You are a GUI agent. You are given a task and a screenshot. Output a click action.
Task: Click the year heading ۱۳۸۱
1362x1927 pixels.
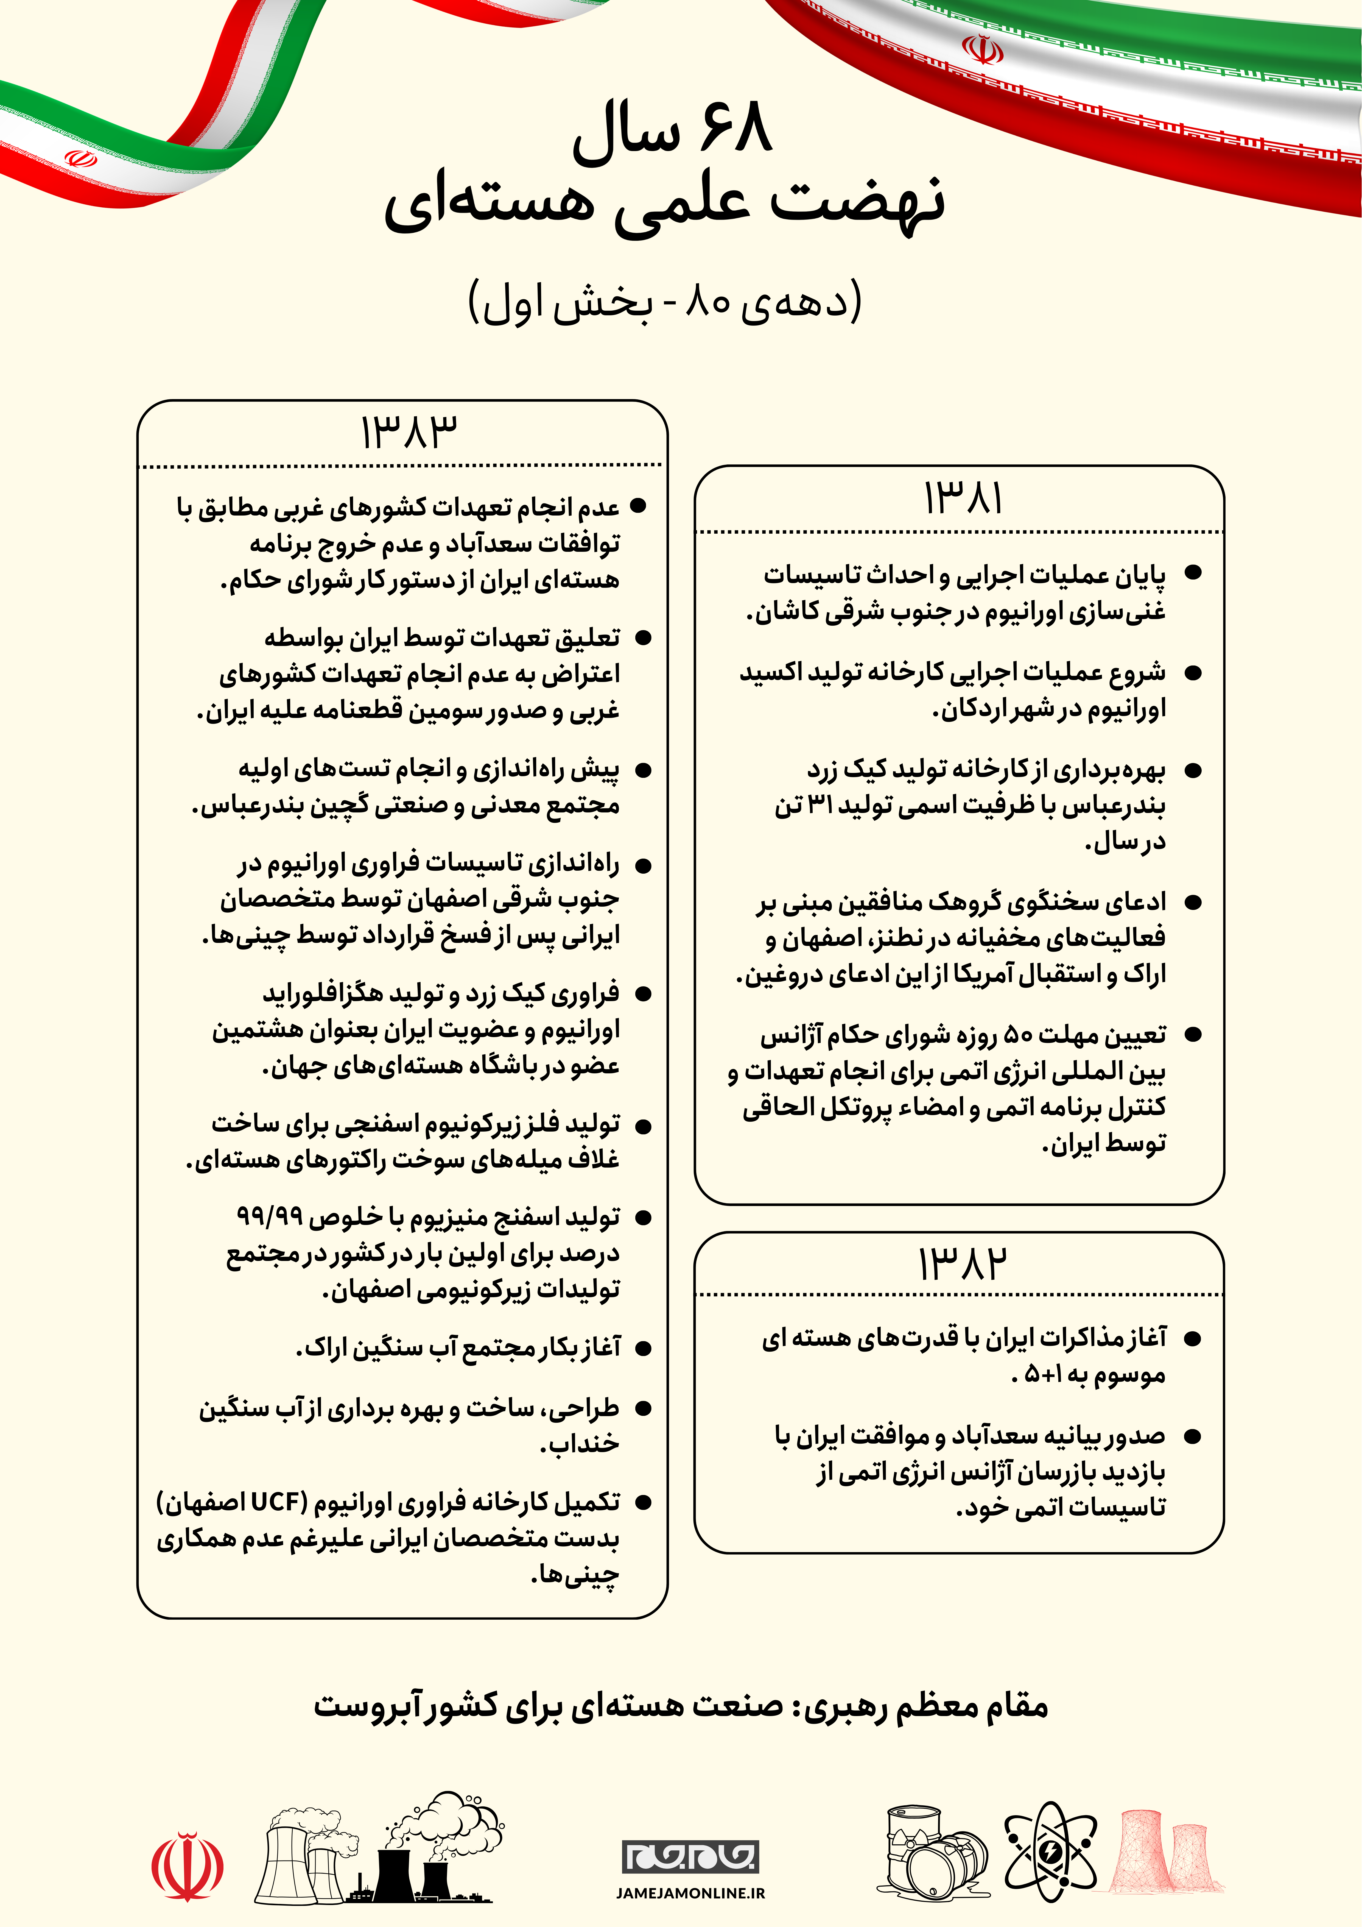(963, 499)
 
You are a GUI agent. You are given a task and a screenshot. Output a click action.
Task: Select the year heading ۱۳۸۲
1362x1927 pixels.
(962, 1263)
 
